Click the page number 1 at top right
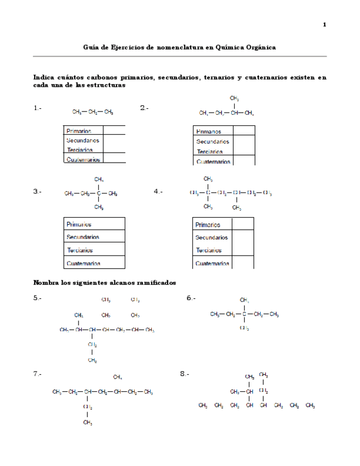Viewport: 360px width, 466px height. coord(324,25)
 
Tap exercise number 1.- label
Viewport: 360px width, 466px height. coord(37,108)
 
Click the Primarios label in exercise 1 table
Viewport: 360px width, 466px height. coord(79,131)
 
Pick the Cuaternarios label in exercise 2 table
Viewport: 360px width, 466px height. coord(213,162)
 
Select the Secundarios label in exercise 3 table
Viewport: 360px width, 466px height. coord(82,237)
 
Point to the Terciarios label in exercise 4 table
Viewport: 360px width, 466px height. coord(209,251)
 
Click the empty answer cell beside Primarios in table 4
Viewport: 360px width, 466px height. coord(242,224)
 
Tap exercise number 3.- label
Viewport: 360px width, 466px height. coord(37,192)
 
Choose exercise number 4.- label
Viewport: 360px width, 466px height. coord(159,191)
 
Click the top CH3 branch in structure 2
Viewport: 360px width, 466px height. coord(235,98)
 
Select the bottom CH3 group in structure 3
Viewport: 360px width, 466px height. coord(99,207)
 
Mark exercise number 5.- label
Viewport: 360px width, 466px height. coord(37,298)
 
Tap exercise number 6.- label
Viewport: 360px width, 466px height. coord(191,298)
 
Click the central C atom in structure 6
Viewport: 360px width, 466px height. coord(244,315)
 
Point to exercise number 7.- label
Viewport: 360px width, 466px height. coord(37,374)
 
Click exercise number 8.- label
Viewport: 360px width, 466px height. coord(185,374)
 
